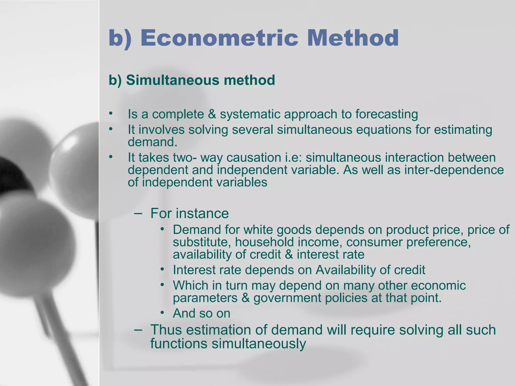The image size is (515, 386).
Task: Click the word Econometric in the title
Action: coord(219,38)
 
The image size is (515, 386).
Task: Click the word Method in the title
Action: coord(353,38)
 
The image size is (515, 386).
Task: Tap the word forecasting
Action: coord(387,114)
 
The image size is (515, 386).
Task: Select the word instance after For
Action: coord(202,213)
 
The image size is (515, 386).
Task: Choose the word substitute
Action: coord(202,242)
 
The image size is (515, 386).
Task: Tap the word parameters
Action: coord(205,298)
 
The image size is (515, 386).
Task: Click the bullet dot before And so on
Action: coord(162,313)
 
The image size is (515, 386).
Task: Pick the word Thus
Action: coord(166,330)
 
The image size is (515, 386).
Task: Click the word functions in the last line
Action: coord(179,344)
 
